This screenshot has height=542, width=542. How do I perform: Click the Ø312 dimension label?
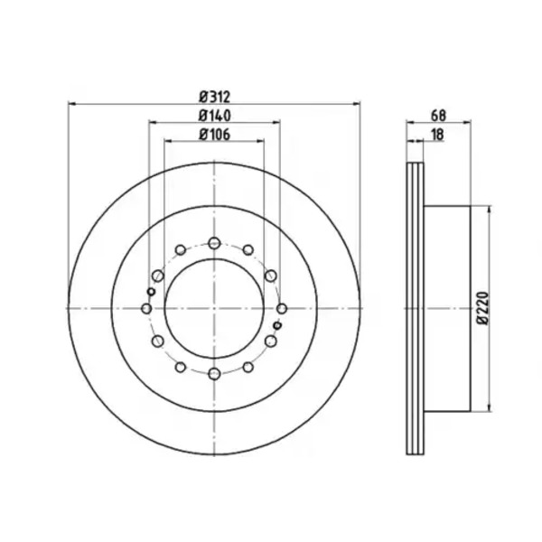pyautogui.click(x=214, y=97)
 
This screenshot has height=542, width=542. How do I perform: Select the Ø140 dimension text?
pyautogui.click(x=214, y=116)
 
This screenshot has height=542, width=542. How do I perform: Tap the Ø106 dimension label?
pyautogui.click(x=214, y=135)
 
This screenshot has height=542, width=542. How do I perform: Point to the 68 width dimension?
pyautogui.click(x=438, y=116)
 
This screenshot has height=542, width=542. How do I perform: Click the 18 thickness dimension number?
pyautogui.click(x=437, y=135)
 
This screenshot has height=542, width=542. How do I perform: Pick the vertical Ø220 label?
pyautogui.click(x=483, y=308)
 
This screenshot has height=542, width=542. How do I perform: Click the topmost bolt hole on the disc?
pyautogui.click(x=214, y=243)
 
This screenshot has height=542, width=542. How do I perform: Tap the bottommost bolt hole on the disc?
pyautogui.click(x=214, y=373)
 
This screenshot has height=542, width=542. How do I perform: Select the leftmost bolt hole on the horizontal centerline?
pyautogui.click(x=146, y=308)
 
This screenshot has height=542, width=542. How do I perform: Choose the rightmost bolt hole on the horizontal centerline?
pyautogui.click(x=282, y=308)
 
